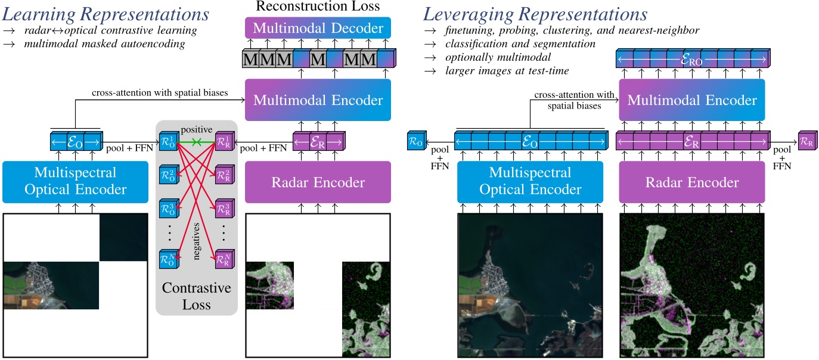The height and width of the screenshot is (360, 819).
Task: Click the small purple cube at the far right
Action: point(806,142)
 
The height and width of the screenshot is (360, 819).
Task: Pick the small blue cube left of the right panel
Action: point(415,142)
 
